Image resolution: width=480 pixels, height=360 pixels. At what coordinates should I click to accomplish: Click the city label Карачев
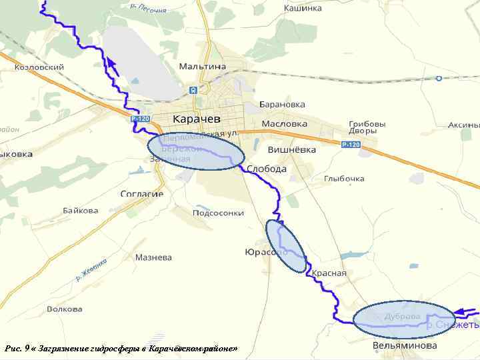pyautogui.click(x=196, y=119)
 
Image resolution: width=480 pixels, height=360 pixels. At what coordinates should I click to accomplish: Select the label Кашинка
pyautogui.click(x=303, y=8)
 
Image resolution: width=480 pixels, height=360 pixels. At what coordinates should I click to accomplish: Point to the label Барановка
pyautogui.click(x=283, y=105)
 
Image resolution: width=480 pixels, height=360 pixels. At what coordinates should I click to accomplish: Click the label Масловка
pyautogui.click(x=285, y=124)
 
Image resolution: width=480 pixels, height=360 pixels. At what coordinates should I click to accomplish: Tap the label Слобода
pyautogui.click(x=267, y=169)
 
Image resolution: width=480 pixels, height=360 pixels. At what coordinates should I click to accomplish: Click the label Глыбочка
pyautogui.click(x=344, y=179)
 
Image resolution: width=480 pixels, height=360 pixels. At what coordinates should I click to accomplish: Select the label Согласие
pyautogui.click(x=141, y=194)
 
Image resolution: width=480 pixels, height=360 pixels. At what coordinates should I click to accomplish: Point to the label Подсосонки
pyautogui.click(x=218, y=213)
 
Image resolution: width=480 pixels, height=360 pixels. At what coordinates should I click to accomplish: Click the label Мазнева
pyautogui.click(x=153, y=257)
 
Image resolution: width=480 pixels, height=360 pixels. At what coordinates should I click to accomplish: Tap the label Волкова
pyautogui.click(x=65, y=309)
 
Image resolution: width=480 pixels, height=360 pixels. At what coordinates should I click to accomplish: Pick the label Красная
pyautogui.click(x=329, y=273)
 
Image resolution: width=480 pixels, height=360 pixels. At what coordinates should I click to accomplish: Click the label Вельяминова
pyautogui.click(x=405, y=345)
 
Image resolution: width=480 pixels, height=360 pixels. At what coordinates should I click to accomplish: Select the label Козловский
pyautogui.click(x=39, y=67)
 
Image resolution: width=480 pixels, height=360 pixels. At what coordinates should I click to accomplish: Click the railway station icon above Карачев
pyautogui.click(x=193, y=90)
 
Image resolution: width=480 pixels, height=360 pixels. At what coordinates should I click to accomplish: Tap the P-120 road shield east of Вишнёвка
pyautogui.click(x=351, y=145)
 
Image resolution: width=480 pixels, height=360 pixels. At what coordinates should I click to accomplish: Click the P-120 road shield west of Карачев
pyautogui.click(x=141, y=119)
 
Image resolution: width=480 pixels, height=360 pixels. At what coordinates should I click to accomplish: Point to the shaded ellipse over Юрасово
pyautogui.click(x=285, y=246)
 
